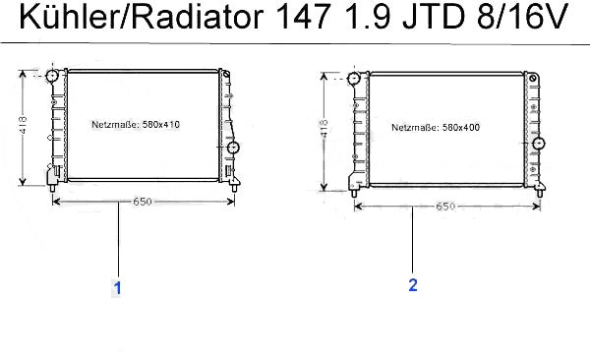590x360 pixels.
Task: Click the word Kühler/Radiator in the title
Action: [141, 17]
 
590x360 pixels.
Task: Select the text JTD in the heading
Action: [434, 18]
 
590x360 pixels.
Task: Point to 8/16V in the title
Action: [522, 18]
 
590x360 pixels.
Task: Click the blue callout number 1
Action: [118, 288]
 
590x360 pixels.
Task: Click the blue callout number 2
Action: [413, 285]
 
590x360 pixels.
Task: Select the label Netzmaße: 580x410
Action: [136, 124]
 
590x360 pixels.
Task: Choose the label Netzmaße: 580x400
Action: [436, 127]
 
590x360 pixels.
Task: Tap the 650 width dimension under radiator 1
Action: [143, 202]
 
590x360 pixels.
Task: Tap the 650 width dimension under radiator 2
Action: [445, 207]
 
